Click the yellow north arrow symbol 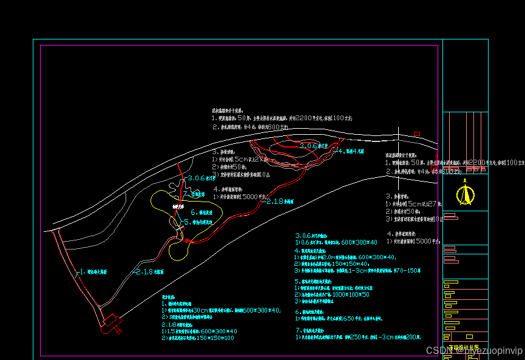pyautogui.click(x=466, y=194)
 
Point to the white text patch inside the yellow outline pyautogui.click(x=177, y=207)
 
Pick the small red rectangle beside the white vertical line pyautogui.click(x=416, y=134)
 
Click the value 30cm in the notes pyautogui.click(x=200, y=310)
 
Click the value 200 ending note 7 pyautogui.click(x=413, y=336)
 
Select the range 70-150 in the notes pyautogui.click(x=405, y=271)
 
